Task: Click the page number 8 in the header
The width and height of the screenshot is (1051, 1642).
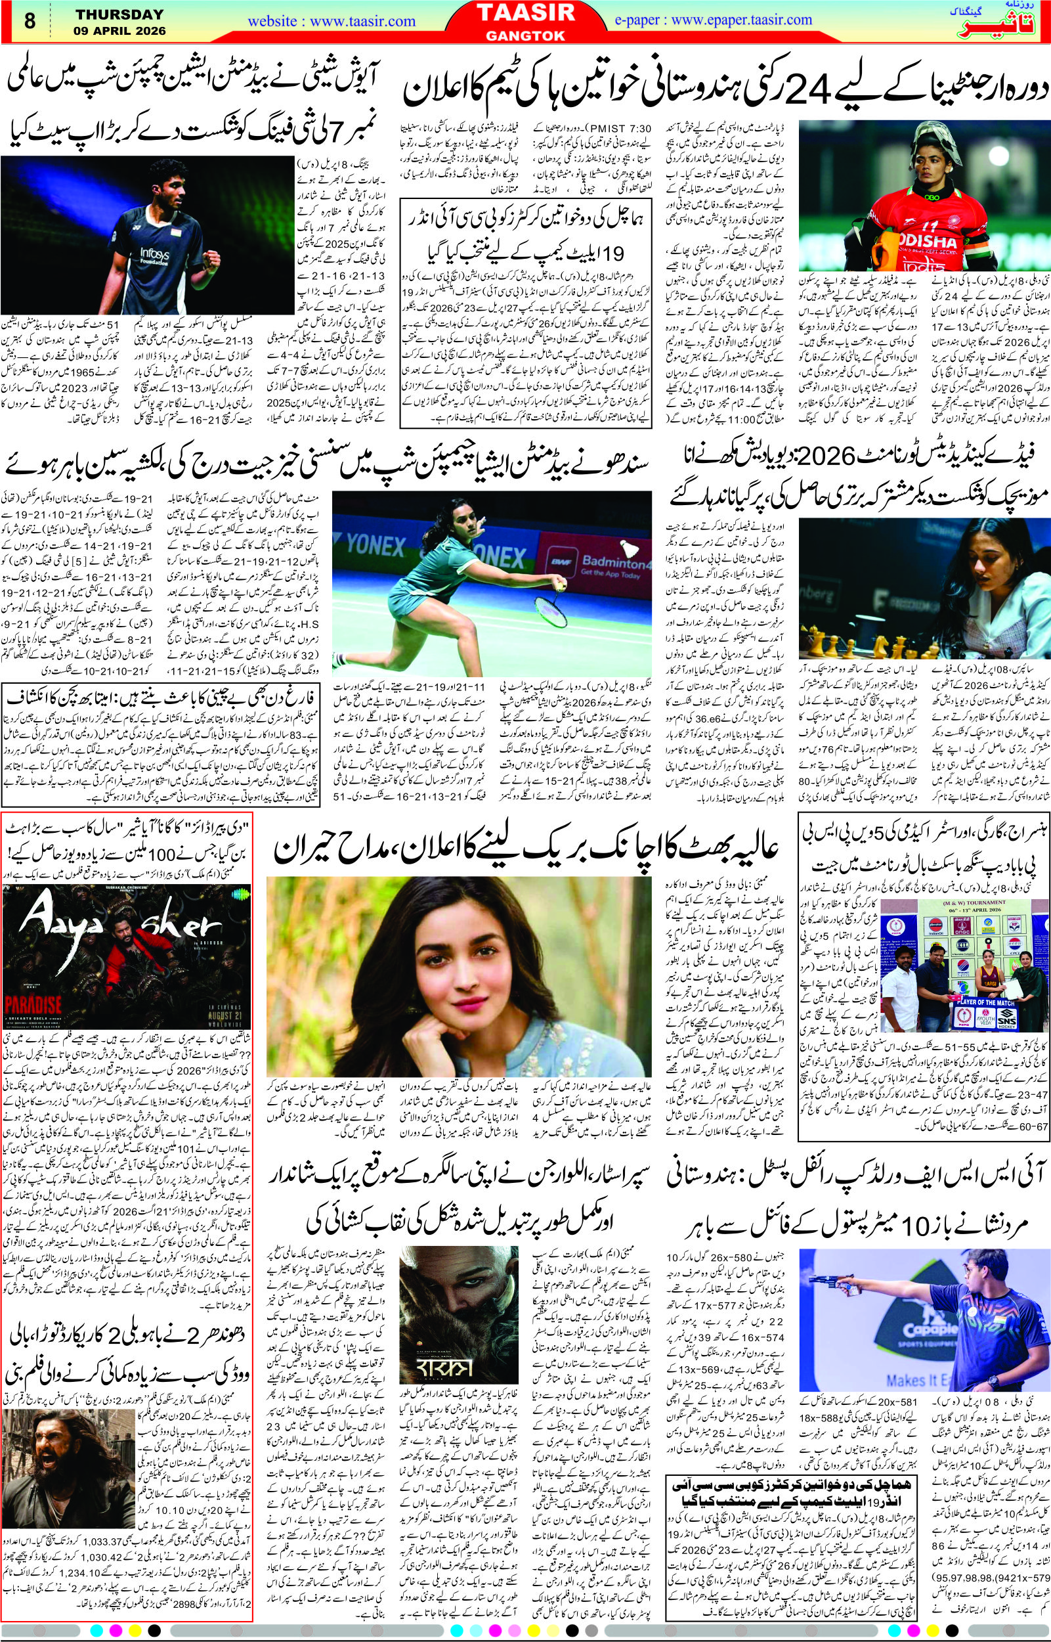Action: (x=30, y=21)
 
